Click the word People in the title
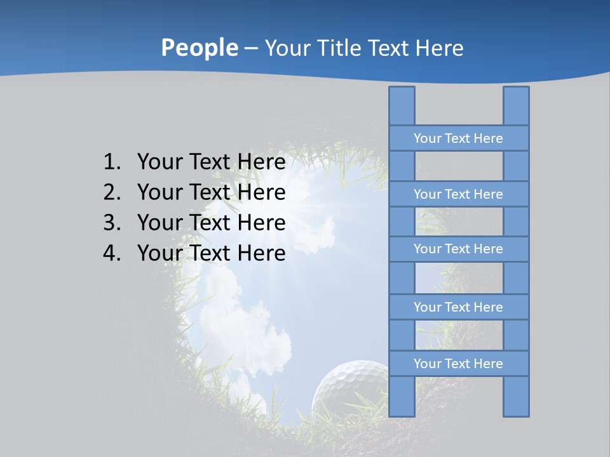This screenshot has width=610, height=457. point(199,48)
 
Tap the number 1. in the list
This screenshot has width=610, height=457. point(112,162)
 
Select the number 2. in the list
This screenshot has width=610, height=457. point(112,192)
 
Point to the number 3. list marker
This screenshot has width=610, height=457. point(112,223)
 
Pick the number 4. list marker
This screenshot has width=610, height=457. point(112,253)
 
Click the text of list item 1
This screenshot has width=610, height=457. point(211,162)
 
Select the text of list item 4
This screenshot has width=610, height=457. point(211,253)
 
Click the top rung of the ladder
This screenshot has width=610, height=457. point(458,138)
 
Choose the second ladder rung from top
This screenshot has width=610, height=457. point(458,194)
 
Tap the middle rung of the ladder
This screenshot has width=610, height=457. point(458,249)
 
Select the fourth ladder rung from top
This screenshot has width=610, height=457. point(458,307)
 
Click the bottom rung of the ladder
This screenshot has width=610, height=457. point(458,364)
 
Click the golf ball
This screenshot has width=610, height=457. point(349,387)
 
